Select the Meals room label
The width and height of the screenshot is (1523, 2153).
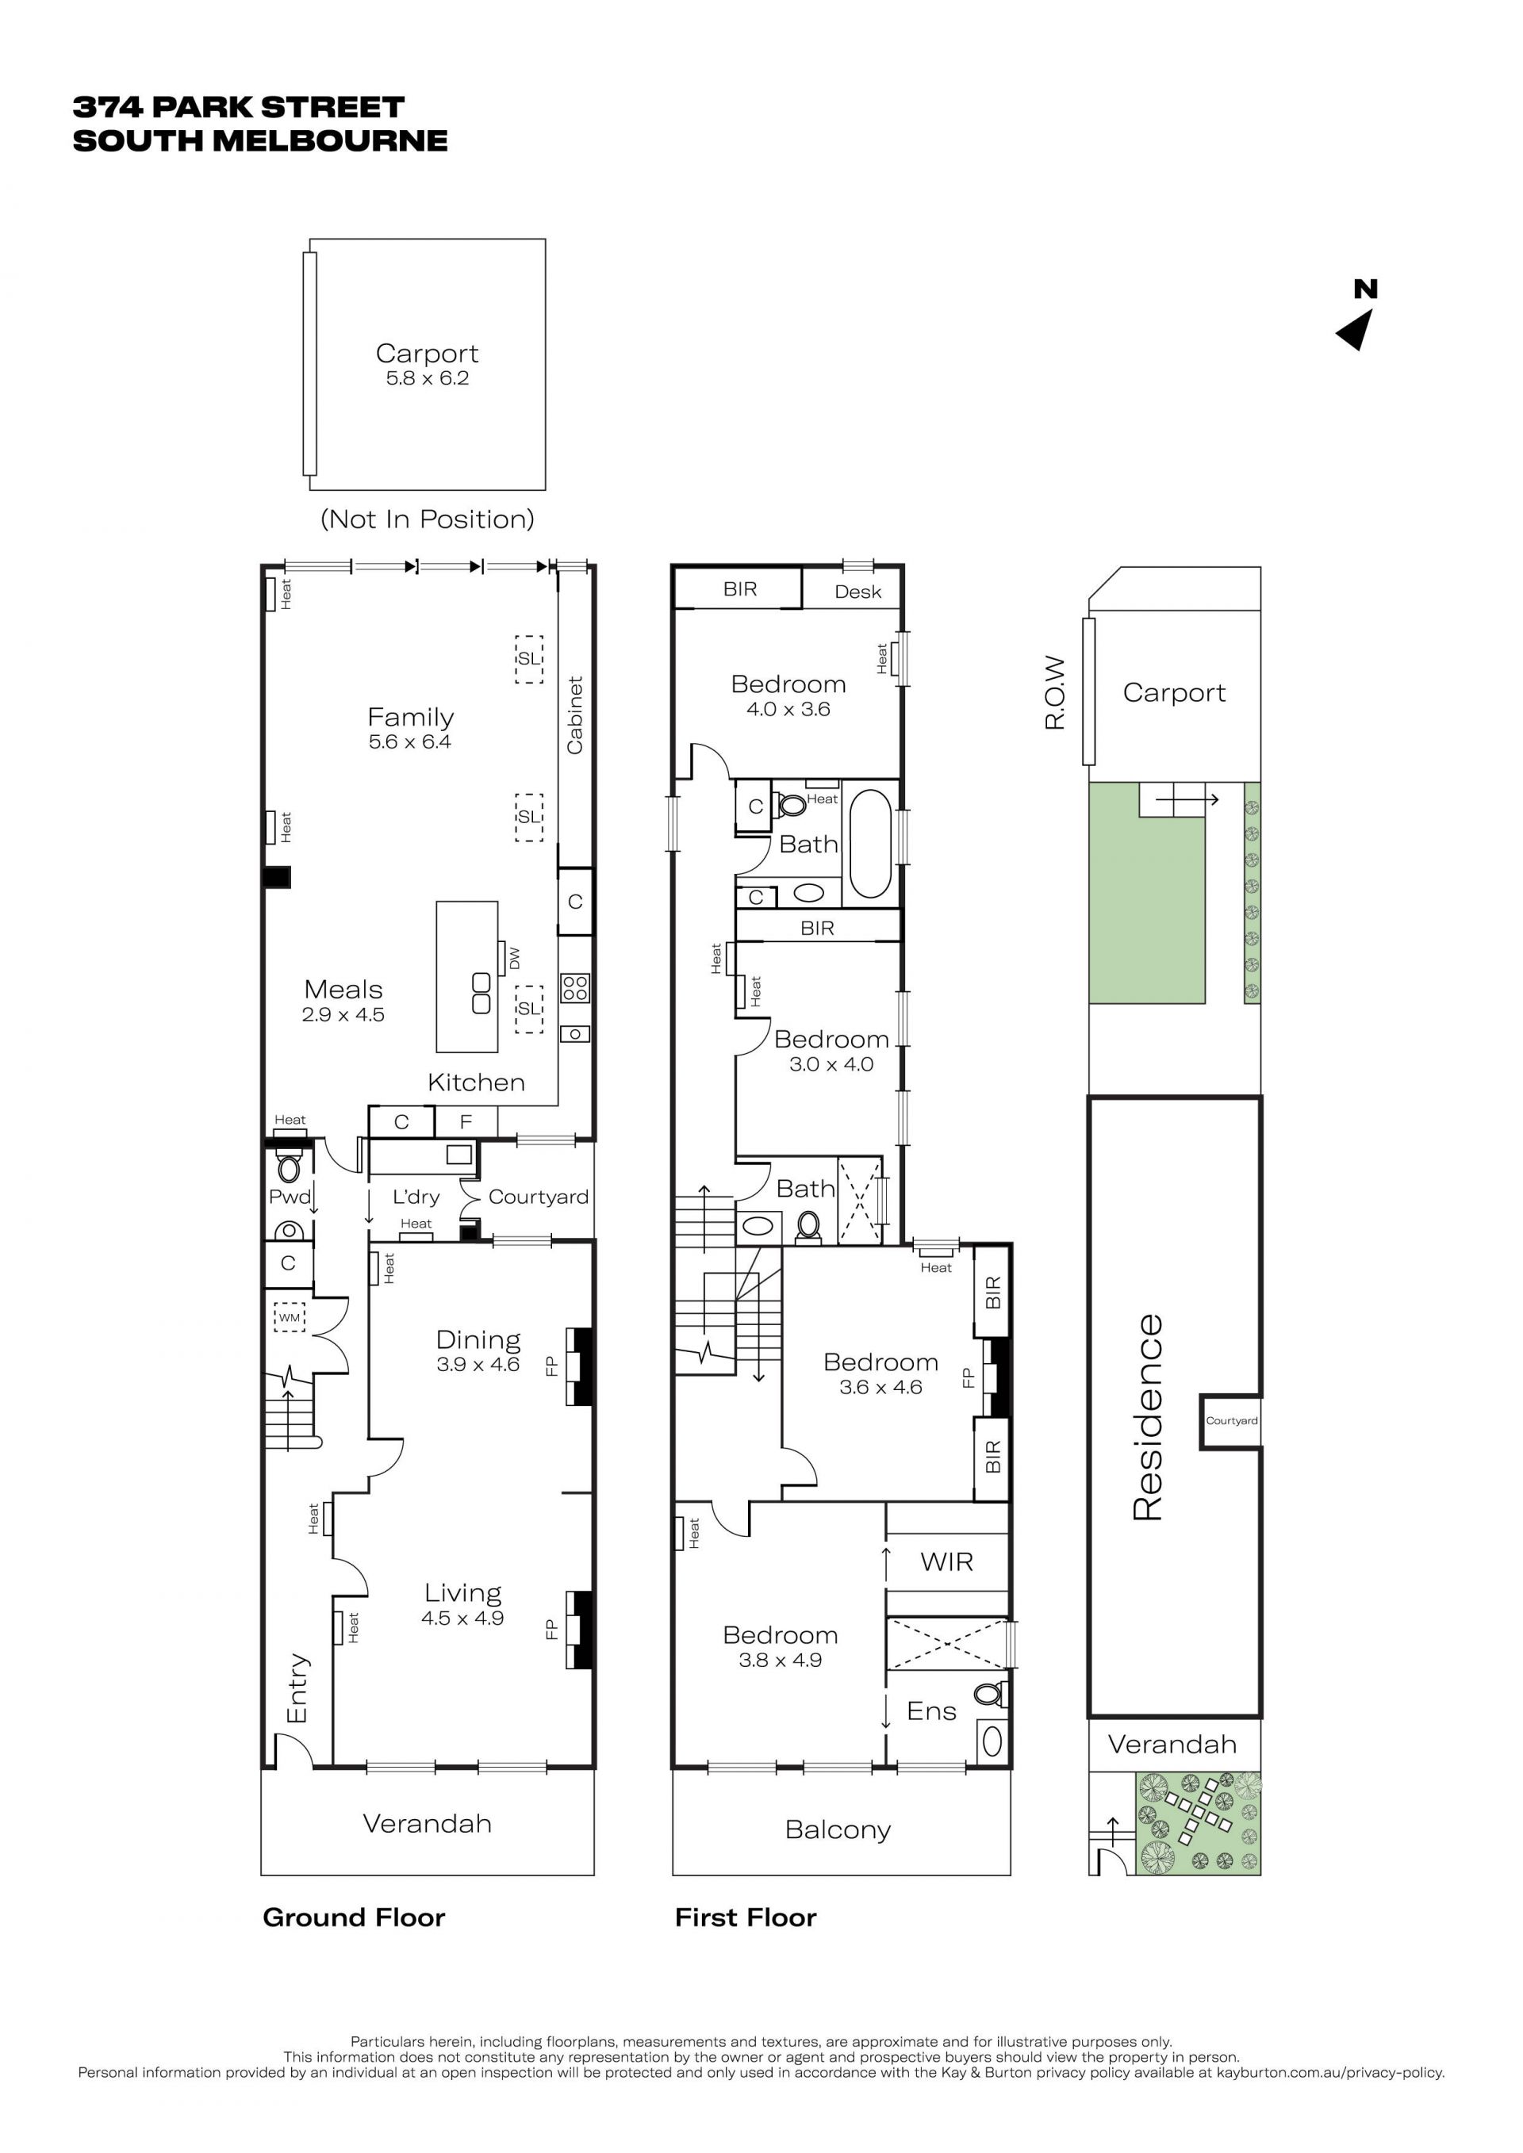click(x=343, y=990)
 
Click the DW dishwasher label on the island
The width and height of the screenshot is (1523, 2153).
click(x=514, y=959)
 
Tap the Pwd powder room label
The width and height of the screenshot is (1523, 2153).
click(x=290, y=1197)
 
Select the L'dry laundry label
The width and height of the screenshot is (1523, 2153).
click(x=416, y=1197)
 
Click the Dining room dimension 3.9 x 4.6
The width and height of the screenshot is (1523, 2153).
click(x=478, y=1365)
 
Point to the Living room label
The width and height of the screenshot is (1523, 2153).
click(x=462, y=1593)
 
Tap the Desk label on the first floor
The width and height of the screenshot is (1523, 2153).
click(x=858, y=592)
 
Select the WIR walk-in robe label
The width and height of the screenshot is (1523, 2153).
click(x=946, y=1561)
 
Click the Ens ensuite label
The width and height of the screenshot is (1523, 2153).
click(x=931, y=1711)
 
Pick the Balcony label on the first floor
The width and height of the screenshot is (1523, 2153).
click(x=838, y=1829)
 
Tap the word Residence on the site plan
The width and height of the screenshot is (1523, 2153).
click(x=1148, y=1417)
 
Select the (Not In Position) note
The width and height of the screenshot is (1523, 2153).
click(x=428, y=519)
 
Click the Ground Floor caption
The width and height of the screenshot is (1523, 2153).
click(x=354, y=1917)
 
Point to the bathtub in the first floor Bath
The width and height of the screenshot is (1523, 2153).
click(x=870, y=844)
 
